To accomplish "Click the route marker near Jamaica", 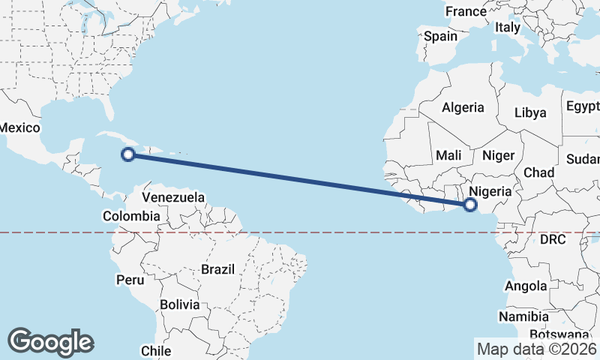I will [128, 154].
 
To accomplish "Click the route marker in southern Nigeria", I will [471, 204].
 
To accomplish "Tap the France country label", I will [466, 11].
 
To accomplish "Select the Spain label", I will [440, 36].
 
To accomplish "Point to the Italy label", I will [507, 27].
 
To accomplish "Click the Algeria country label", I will [463, 107].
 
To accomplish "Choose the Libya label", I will [530, 113].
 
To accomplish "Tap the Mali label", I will [448, 155].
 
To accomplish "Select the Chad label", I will [538, 172].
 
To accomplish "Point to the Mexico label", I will [19, 127].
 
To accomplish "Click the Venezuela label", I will [173, 197].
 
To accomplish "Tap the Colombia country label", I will [131, 216].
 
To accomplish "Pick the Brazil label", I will [218, 268].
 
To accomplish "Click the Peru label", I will [130, 280].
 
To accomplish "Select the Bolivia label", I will [179, 304].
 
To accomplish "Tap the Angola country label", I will [526, 286].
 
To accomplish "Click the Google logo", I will [50, 342].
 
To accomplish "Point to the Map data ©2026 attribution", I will [536, 349].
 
